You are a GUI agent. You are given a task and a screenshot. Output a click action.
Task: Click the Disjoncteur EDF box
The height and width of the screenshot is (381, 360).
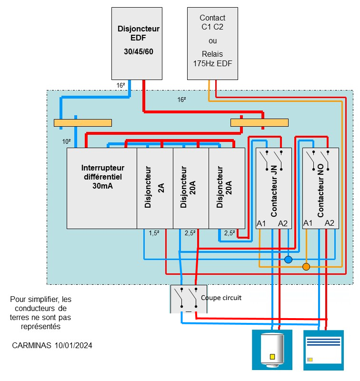138,43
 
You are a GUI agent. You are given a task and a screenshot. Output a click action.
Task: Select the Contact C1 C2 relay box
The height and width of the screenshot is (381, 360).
212,43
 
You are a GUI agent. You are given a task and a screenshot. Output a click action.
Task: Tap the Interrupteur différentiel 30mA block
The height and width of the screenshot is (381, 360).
102,188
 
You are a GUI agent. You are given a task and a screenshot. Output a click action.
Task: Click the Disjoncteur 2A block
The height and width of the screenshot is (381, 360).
155,188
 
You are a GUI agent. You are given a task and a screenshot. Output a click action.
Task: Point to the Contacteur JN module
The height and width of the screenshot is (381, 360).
273,188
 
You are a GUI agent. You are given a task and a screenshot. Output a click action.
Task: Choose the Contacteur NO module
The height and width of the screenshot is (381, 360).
320,188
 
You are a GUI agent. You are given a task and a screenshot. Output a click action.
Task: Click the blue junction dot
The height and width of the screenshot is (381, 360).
288,260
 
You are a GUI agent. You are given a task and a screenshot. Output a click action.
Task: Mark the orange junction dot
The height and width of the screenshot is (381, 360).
306,267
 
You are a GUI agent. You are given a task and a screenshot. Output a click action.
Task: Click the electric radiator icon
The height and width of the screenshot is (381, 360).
323,350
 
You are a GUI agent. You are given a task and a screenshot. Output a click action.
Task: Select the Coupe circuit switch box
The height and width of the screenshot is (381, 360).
188,299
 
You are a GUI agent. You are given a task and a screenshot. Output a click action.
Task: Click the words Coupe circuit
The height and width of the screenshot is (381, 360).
221,298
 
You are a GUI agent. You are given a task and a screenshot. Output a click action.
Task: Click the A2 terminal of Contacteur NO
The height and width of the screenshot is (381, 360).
330,223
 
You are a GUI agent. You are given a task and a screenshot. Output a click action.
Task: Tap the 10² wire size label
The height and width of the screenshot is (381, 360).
67,141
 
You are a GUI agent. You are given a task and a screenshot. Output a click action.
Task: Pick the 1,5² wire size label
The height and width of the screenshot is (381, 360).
154,233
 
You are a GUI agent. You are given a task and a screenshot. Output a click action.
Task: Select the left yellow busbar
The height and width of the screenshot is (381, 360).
83,123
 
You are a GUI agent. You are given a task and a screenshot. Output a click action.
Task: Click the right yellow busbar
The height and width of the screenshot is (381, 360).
260,123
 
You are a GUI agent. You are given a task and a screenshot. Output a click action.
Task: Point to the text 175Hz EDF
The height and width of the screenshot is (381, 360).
212,63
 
